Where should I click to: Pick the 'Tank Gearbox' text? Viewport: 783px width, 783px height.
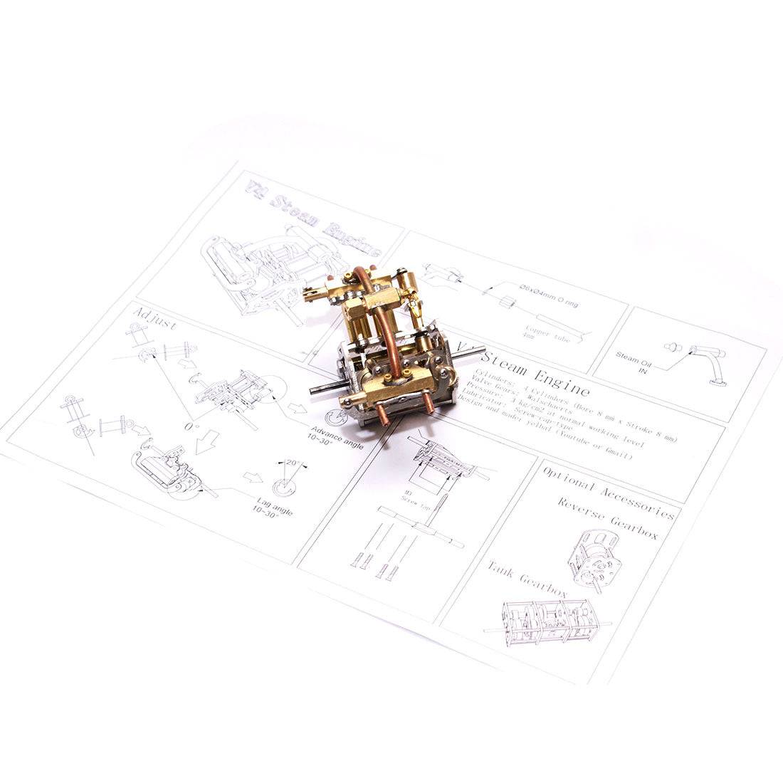pyautogui.click(x=527, y=577)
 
